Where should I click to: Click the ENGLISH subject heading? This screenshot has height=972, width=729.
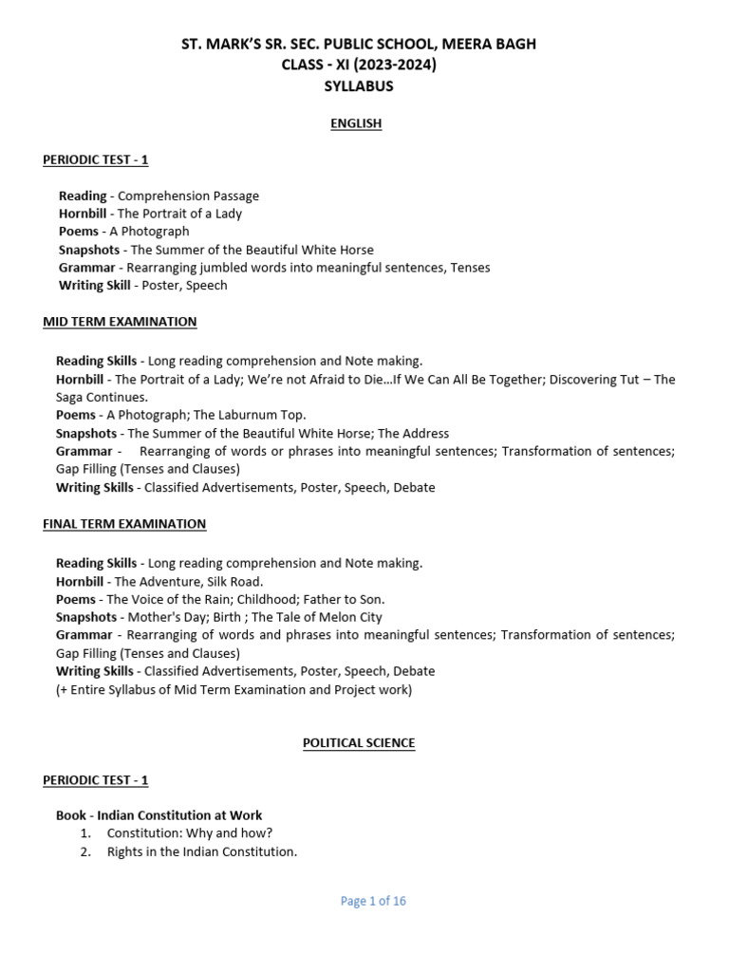coord(356,123)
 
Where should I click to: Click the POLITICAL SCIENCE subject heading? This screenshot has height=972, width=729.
coord(359,743)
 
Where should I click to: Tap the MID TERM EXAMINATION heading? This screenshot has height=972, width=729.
coord(120,322)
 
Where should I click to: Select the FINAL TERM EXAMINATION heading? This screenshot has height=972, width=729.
coord(124,524)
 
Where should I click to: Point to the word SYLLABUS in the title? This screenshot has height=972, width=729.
coord(359,86)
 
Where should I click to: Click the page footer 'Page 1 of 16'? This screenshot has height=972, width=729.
coord(373,901)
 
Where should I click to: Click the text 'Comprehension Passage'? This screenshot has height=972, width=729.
coord(188,196)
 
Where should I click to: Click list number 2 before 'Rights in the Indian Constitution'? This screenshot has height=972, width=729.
coord(85,851)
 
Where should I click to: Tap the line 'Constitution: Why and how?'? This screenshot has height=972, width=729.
coord(190,832)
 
